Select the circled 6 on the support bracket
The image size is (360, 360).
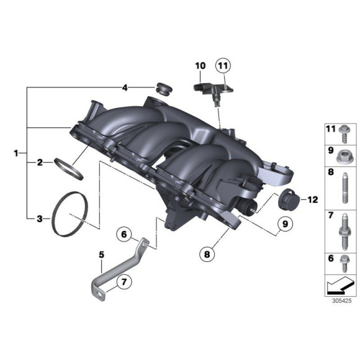124,234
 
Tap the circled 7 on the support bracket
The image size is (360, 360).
123,282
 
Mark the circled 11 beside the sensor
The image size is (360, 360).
223,65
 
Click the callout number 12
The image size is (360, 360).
312,200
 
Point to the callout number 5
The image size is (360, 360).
102,254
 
